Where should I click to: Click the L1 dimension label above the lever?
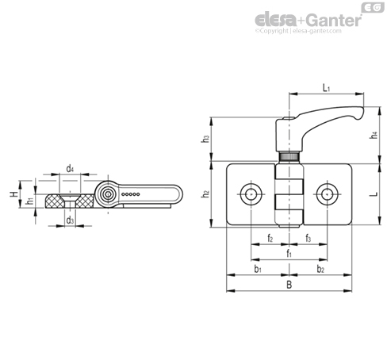coord(327,88)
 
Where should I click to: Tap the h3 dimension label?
coord(205,139)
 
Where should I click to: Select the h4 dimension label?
coord(374,136)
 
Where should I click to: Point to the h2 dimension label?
coord(205,193)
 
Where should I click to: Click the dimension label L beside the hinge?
coord(374,194)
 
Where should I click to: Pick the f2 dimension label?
coord(270,238)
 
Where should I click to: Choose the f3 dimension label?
coord(308,238)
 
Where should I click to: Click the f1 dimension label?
coord(289,254)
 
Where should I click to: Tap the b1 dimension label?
coord(258,269)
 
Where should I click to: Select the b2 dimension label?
coord(320,269)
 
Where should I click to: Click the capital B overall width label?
coord(289,285)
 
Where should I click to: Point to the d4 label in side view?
coord(70,168)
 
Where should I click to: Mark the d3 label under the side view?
coord(70,220)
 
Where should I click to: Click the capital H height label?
coord(14,194)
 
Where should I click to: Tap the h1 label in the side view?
coord(30,201)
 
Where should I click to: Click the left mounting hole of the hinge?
coord(251,194)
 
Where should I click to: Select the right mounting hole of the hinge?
coord(328,194)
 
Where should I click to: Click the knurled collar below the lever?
coord(289,157)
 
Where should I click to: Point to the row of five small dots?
coord(131,194)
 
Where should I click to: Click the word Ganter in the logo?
coord(334,21)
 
